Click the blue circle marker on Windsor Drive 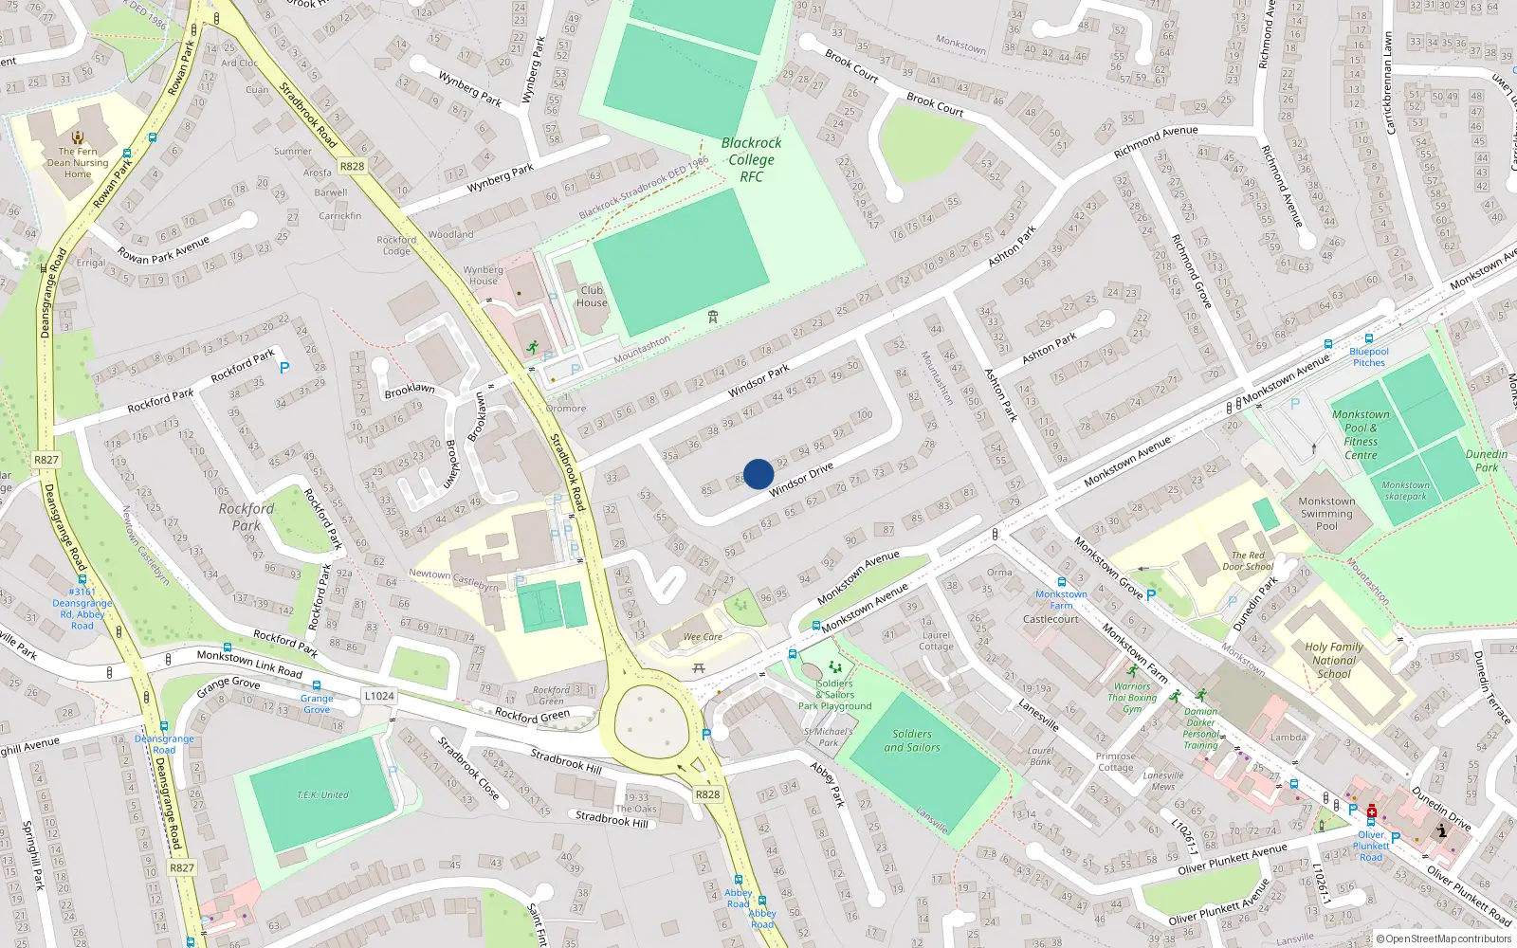tap(758, 474)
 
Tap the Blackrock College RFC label tap(751, 159)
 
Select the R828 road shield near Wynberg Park tap(352, 166)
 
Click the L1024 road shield tap(378, 696)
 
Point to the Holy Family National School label tap(1333, 661)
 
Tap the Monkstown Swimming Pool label tap(1326, 514)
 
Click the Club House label tap(592, 297)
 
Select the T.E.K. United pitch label tap(322, 794)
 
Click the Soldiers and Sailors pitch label tap(911, 740)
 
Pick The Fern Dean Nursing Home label tap(78, 162)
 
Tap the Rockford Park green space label tap(246, 517)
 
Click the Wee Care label tap(703, 637)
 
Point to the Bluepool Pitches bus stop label tap(1368, 356)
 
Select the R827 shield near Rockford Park tap(46, 460)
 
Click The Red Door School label tap(1248, 561)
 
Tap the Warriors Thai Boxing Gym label tap(1132, 698)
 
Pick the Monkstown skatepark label tap(1405, 490)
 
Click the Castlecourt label tap(1051, 619)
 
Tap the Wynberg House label tap(484, 275)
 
